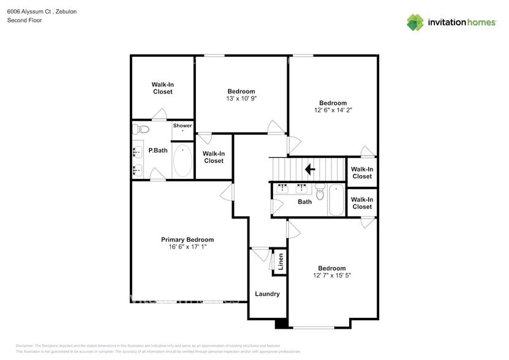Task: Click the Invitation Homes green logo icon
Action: coord(415,22)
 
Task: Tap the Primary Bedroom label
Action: coord(187,239)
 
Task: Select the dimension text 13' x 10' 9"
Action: coord(241,99)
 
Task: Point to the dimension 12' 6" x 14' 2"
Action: coord(333,110)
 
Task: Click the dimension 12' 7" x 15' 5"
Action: coord(331,276)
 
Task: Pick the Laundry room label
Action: coord(267,294)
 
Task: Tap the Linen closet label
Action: coord(281,262)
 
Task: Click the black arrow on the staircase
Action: coord(310,168)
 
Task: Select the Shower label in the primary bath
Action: coord(182,126)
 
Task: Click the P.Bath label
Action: coord(158,151)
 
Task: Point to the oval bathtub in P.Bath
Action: coord(183,160)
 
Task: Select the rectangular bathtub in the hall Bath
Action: coord(336,200)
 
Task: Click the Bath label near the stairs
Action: coord(304,201)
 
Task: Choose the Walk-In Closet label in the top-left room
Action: coord(162,88)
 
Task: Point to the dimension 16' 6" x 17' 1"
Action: coord(187,247)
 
